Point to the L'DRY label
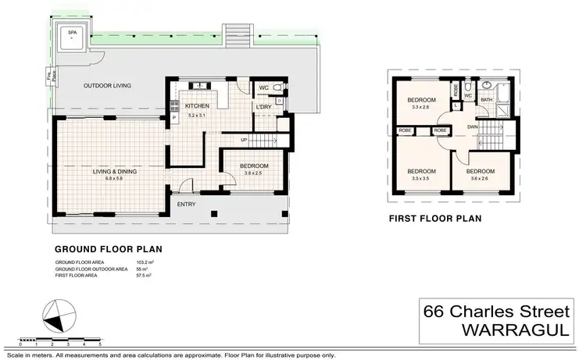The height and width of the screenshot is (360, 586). click(x=263, y=106)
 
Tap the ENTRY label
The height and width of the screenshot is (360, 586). click(x=186, y=205)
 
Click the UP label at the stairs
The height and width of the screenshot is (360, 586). click(x=244, y=141)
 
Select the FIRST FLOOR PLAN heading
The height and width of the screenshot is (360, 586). click(x=437, y=219)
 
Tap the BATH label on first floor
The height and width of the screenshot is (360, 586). click(x=486, y=100)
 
